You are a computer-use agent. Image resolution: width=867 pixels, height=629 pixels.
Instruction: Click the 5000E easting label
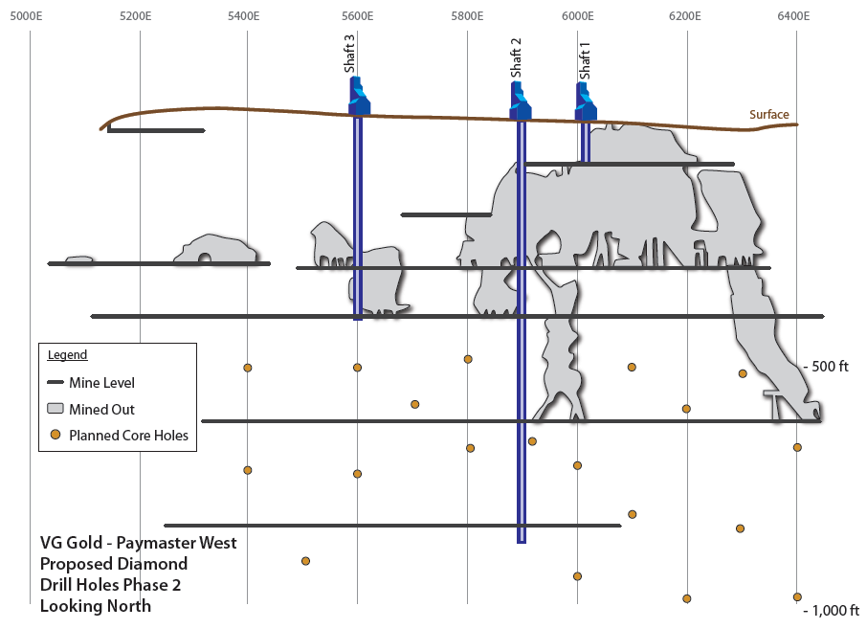pos(26,16)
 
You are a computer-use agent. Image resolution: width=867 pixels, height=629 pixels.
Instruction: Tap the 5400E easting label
pos(243,16)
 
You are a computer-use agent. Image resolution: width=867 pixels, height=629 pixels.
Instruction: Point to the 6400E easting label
pos(793,16)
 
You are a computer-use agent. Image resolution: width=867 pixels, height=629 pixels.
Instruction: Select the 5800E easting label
pos(467,16)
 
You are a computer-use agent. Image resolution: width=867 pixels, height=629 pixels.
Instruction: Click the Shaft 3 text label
pos(349,54)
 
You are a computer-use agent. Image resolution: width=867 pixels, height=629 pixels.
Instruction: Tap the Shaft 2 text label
pos(516,58)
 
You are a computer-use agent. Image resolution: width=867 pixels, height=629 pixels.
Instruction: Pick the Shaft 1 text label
pos(585,61)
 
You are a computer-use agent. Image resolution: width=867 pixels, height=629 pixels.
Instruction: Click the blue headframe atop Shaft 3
pos(359,97)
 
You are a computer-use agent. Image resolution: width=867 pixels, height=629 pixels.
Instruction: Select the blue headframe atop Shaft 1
pos(586,101)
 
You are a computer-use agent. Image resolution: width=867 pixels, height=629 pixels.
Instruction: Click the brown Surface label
pos(768,115)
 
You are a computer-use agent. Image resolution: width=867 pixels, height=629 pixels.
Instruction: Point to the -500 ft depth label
pos(826,367)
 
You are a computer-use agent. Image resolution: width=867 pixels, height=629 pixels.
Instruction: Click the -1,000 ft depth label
pos(831,610)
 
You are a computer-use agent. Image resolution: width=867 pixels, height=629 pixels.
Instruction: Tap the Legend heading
pos(67,354)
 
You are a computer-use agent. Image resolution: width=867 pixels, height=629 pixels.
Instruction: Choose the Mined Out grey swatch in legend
pos(56,409)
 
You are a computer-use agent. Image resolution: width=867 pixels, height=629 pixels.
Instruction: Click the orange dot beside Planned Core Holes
pos(56,435)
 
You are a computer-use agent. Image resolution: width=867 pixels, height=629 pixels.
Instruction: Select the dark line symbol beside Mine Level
pos(56,382)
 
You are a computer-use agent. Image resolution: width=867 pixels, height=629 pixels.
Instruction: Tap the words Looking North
pos(95,606)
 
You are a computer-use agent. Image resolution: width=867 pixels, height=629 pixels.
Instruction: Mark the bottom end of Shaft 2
pos(522,543)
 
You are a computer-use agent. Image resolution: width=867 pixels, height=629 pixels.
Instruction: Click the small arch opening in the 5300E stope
pos(205,258)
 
